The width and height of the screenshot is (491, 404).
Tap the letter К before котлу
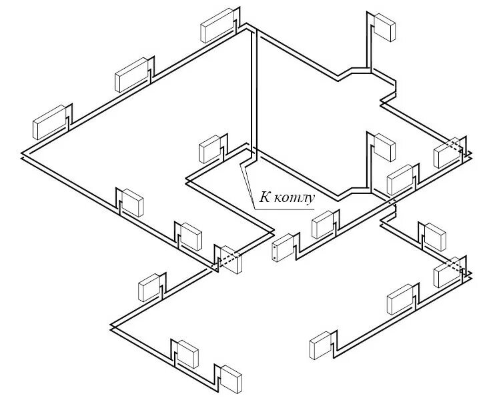tap(265, 197)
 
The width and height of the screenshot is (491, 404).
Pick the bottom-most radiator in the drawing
tap(233, 378)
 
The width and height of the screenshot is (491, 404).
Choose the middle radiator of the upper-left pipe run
tap(132, 75)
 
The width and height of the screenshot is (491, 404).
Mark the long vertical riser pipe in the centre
tap(254, 93)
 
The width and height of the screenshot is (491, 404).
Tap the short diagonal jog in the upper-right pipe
tap(347, 73)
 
